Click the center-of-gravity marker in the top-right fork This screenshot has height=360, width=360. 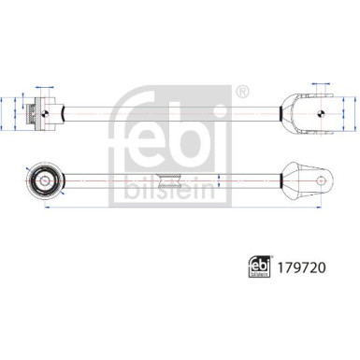321,113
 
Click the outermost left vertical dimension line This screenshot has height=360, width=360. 7,113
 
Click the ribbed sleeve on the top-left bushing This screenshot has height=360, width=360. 35,113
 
